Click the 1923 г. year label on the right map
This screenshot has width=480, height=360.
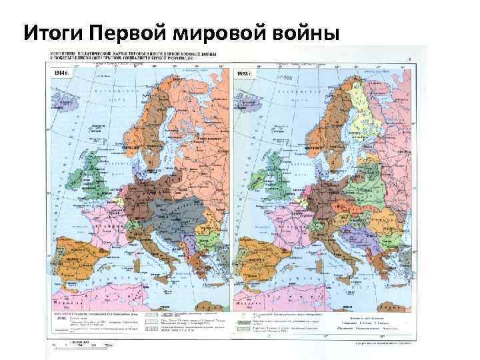click(245, 73)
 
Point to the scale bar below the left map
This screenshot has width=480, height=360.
click(83, 345)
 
